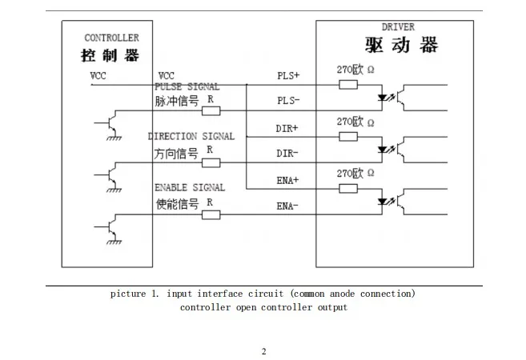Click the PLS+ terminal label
(288, 76)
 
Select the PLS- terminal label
(288, 101)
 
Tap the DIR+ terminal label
(287, 128)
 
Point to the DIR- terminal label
(287, 153)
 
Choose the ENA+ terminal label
(287, 181)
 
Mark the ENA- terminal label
(287, 206)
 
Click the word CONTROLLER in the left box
(111, 38)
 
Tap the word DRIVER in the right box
(398, 27)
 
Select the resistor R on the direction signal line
(211, 162)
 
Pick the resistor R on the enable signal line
(211, 214)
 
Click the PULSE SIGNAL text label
(187, 86)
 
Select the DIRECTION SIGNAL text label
(191, 137)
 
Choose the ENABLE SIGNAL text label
(190, 187)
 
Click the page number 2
(263, 351)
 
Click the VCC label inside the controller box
(98, 76)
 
